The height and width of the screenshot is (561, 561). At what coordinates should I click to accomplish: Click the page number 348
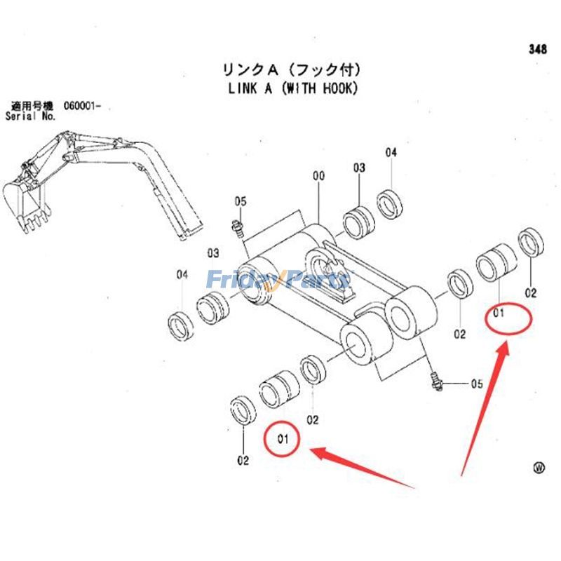[x=537, y=49]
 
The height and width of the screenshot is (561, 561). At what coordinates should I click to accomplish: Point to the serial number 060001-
[x=82, y=105]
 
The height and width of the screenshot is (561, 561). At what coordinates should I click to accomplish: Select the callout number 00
[x=318, y=177]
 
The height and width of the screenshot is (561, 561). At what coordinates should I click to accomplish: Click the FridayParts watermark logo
[x=277, y=280]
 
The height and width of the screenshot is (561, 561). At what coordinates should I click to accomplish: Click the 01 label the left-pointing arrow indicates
[x=283, y=440]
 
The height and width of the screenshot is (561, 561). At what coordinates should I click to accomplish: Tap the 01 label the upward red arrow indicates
[x=499, y=313]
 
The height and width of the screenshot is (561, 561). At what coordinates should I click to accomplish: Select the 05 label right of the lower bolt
[x=477, y=384]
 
